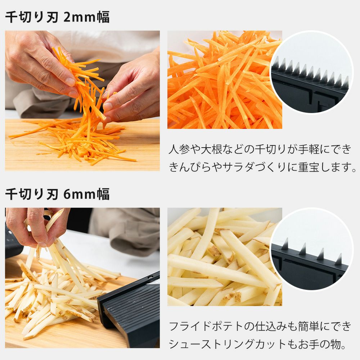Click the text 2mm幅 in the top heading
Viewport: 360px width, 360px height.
coord(86,17)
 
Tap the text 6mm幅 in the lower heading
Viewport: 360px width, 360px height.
coord(86,194)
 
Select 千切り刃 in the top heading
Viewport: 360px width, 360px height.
coord(32,17)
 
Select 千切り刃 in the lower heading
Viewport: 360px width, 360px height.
coord(32,194)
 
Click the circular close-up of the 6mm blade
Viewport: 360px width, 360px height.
coord(311,249)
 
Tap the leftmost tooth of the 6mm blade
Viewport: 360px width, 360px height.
coord(285,244)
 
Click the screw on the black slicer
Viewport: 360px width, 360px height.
coord(150,277)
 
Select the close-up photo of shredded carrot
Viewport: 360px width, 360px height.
coord(225,80)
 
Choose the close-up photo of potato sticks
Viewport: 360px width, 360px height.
coord(225,257)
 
